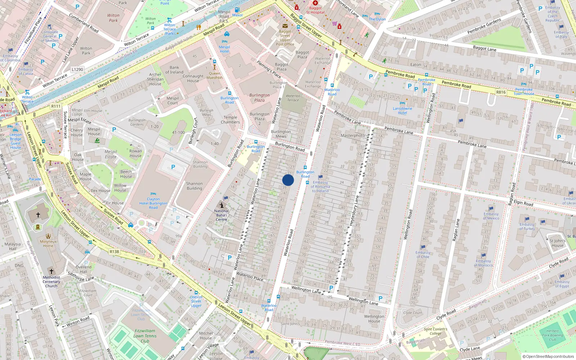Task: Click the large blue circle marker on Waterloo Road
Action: tap(288, 180)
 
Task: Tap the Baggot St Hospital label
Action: tap(315, 10)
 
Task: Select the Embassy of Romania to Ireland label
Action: tap(320, 186)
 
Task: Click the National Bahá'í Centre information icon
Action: tap(221, 205)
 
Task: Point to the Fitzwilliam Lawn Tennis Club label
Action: tap(145, 336)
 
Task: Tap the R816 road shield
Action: tap(501, 92)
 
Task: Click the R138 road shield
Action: tap(114, 252)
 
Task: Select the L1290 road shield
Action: tap(77, 69)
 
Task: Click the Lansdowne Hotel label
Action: tap(402, 111)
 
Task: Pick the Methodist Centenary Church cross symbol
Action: tap(51, 271)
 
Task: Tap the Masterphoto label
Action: tap(352, 135)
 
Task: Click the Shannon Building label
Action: tap(194, 186)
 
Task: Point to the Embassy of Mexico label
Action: tap(491, 216)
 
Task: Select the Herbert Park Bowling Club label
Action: tap(552, 335)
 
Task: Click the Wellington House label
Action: tap(374, 319)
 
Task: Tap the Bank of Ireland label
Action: tap(174, 69)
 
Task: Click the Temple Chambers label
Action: tap(230, 120)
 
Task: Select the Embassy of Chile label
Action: tap(423, 255)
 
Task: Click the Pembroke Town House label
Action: tap(524, 91)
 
